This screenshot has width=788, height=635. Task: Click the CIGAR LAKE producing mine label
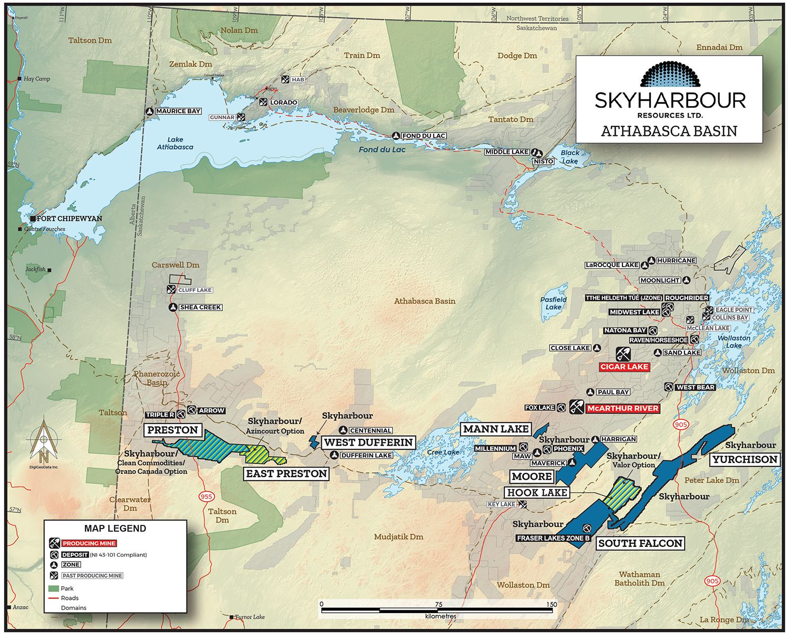624,367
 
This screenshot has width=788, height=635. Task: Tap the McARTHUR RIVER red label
623,408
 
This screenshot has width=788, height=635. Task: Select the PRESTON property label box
172,430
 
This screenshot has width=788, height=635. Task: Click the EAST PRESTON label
286,474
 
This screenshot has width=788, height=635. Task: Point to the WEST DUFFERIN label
368,442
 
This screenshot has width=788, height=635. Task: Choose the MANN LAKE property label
496,429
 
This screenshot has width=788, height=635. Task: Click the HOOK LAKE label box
537,493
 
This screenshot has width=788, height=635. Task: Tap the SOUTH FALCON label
640,544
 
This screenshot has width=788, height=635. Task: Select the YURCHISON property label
744,460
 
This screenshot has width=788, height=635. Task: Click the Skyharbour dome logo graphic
670,75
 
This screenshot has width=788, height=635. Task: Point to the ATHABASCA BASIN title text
669,131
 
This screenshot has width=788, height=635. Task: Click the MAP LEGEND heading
115,528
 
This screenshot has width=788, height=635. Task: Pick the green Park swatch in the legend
54,589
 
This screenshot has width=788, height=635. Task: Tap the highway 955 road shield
206,496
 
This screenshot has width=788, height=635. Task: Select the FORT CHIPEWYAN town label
69,218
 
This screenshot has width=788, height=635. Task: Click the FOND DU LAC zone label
423,136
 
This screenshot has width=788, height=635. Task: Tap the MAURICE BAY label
178,111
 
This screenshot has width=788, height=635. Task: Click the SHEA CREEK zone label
200,308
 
